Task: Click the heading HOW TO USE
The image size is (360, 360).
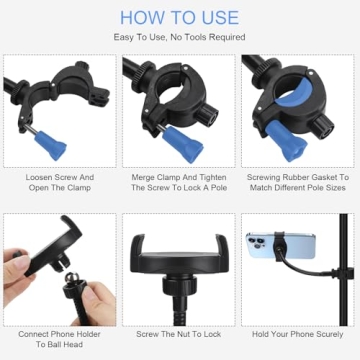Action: [x=180, y=17]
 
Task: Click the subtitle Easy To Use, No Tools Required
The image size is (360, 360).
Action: [x=180, y=37]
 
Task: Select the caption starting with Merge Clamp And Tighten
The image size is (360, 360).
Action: [x=180, y=181]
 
